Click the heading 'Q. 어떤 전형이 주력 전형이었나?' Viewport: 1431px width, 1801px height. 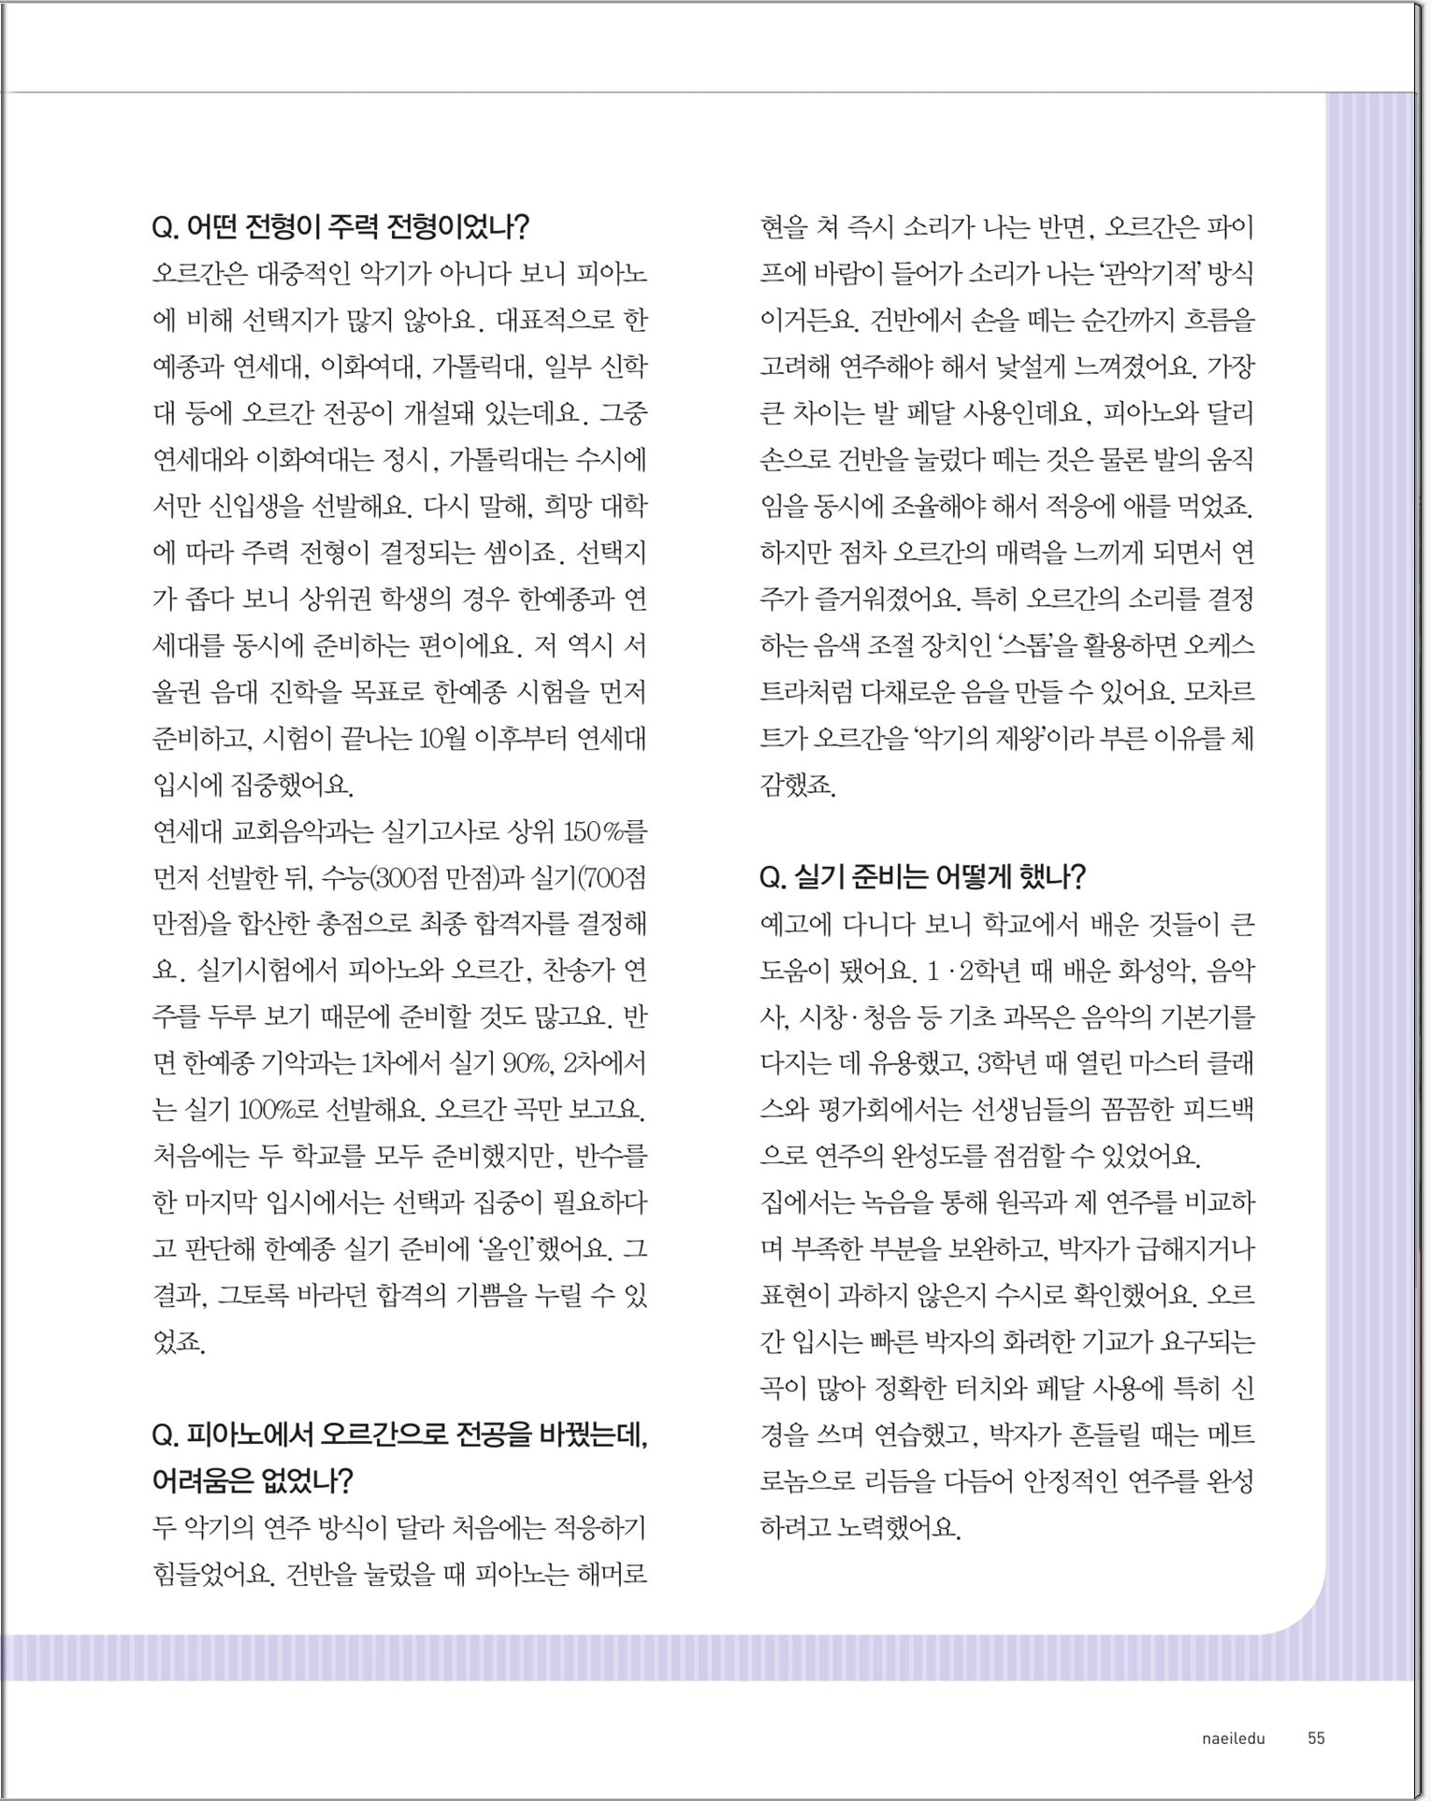[340, 227]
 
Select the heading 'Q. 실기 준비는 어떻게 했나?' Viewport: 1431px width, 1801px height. [922, 877]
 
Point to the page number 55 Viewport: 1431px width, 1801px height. [1316, 1738]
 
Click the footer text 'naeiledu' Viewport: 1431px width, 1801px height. [1233, 1738]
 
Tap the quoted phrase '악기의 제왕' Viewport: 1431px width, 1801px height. [971, 739]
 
